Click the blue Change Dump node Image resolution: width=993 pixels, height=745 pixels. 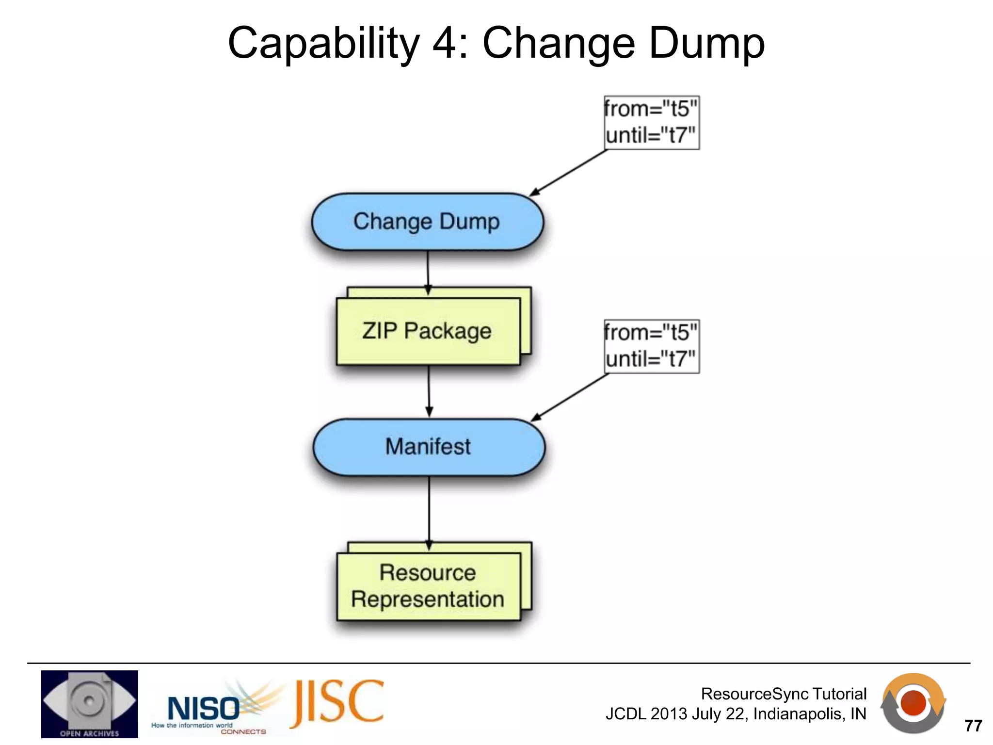[x=427, y=222]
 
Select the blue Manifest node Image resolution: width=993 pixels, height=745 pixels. [x=429, y=447]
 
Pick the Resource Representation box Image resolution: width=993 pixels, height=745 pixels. [x=428, y=586]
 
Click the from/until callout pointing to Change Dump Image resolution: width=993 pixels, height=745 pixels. [x=651, y=122]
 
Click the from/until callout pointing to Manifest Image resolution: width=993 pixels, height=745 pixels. [x=651, y=346]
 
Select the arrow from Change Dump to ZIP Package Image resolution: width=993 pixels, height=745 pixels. [x=428, y=272]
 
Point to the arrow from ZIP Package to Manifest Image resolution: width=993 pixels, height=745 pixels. [x=429, y=390]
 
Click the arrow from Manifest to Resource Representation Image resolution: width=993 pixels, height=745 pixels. [x=429, y=512]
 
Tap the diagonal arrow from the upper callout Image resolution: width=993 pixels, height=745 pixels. [x=568, y=173]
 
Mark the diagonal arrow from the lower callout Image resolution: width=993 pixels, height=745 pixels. [x=570, y=397]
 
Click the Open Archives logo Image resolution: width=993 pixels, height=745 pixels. [x=89, y=704]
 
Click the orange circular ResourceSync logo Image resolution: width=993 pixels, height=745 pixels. [x=913, y=703]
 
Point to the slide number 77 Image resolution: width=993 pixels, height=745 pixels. [x=973, y=726]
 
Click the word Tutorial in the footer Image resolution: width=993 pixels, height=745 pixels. [x=839, y=694]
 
